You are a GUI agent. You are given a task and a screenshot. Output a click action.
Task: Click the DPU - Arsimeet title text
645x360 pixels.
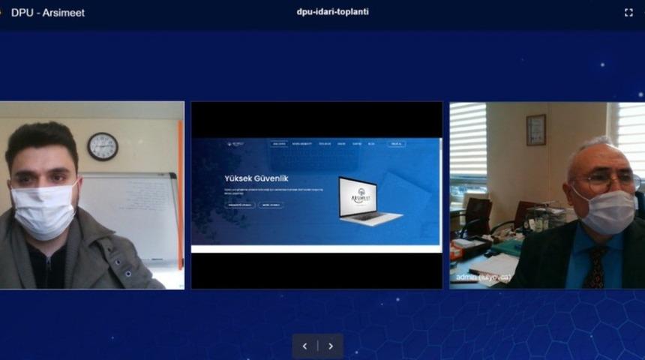pyautogui.click(x=47, y=13)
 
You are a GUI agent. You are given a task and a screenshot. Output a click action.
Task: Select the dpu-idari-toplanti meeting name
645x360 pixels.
pyautogui.click(x=333, y=12)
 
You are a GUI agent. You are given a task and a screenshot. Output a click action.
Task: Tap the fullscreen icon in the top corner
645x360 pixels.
pyautogui.click(x=628, y=13)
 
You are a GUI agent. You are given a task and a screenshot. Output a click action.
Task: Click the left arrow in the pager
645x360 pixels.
pyautogui.click(x=304, y=346)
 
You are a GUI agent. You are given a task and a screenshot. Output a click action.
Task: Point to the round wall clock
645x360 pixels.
pyautogui.click(x=103, y=146)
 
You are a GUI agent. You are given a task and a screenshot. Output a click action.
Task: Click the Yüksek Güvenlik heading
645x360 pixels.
pyautogui.click(x=256, y=178)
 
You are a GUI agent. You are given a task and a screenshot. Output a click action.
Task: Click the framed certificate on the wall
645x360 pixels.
pyautogui.click(x=535, y=130)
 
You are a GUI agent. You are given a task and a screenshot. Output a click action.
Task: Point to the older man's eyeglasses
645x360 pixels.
pyautogui.click(x=600, y=181)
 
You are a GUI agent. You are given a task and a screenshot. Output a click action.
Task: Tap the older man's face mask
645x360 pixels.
pyautogui.click(x=604, y=211)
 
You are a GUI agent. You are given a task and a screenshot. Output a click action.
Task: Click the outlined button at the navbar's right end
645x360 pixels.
pyautogui.click(x=397, y=143)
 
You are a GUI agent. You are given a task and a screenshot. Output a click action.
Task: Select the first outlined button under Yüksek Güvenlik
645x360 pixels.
pyautogui.click(x=239, y=204)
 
